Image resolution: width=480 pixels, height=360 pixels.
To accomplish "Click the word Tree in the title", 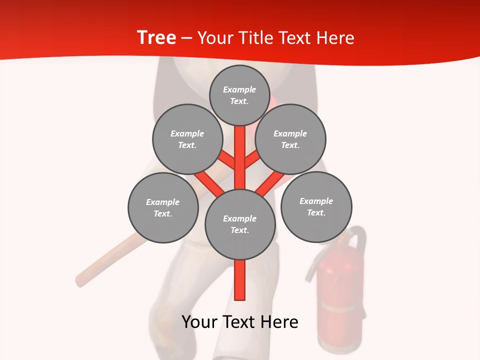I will point(156,37).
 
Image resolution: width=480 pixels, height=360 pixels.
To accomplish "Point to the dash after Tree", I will point(187,38).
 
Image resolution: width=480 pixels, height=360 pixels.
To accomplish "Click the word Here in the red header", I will point(335,38).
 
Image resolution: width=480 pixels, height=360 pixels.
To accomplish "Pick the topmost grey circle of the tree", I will point(239,95).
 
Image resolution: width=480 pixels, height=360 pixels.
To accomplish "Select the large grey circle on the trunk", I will point(240,224).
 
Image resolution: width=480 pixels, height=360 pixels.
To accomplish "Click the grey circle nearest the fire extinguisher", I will point(316,206).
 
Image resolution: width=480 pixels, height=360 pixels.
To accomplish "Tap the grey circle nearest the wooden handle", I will point(163,207).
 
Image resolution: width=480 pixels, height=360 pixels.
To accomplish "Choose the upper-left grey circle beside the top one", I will point(187,139).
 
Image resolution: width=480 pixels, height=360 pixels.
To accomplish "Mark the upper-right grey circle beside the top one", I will point(290,139).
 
